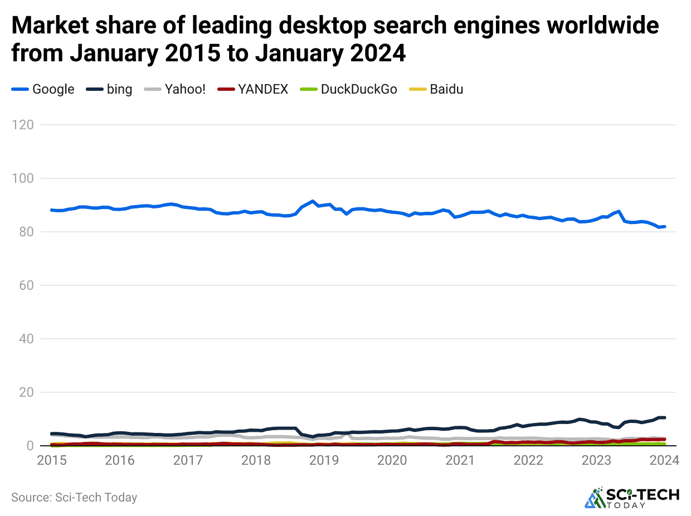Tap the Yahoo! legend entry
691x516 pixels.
(175, 89)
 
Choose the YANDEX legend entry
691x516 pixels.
(252, 89)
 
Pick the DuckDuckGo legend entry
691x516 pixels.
(348, 89)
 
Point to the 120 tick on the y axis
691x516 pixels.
(25, 125)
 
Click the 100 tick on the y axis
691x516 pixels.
(25, 178)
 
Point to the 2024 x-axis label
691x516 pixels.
(664, 461)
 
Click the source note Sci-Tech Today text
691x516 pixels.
(74, 498)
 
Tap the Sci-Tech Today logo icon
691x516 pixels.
(595, 498)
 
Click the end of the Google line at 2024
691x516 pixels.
(664, 226)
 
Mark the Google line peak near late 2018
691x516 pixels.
(313, 201)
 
